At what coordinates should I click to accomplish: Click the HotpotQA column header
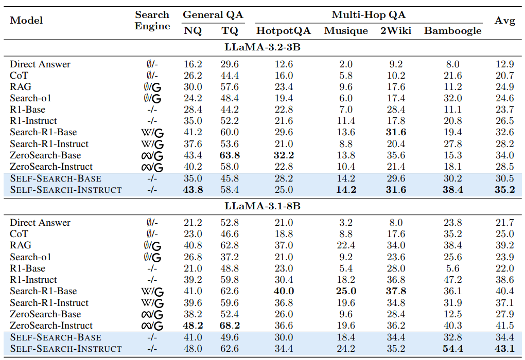click(x=284, y=31)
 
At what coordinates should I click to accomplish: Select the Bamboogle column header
click(x=452, y=31)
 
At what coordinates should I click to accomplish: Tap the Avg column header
click(x=504, y=21)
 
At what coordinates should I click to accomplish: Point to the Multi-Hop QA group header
click(x=369, y=15)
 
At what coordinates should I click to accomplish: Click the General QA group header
click(x=213, y=15)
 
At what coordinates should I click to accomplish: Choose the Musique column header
click(x=346, y=31)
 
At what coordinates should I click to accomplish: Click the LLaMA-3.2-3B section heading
click(x=262, y=47)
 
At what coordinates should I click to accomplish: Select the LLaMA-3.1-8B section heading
click(x=262, y=206)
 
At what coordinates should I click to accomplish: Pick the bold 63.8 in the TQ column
click(x=230, y=155)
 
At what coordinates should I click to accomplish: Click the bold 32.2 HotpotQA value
click(x=284, y=155)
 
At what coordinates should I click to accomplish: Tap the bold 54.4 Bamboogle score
click(x=452, y=349)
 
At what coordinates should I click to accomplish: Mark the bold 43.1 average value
click(x=504, y=349)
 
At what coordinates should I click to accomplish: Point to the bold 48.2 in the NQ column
click(x=193, y=326)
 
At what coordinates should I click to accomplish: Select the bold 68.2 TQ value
click(x=230, y=326)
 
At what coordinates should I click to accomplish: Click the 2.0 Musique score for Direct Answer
click(x=346, y=64)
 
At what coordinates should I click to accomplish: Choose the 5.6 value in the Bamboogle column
click(x=452, y=268)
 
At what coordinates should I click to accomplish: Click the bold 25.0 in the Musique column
click(x=346, y=291)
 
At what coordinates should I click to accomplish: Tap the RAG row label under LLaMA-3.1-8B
click(x=21, y=245)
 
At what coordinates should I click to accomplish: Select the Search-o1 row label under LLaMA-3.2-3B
click(x=30, y=98)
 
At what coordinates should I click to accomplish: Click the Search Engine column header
click(x=152, y=21)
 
